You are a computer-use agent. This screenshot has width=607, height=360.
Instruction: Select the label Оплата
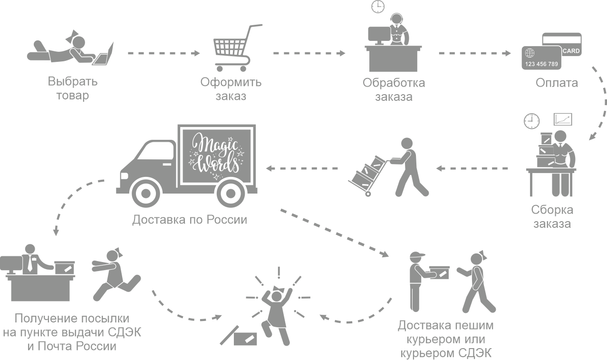click(x=557, y=83)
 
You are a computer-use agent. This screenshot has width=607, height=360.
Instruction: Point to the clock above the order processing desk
click(x=377, y=7)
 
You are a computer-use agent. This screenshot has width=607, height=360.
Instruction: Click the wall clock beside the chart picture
click(x=532, y=121)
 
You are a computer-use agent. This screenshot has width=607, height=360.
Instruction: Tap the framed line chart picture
click(x=562, y=119)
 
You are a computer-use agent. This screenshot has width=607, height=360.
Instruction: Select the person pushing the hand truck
click(x=409, y=166)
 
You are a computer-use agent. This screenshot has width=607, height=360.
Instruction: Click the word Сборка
click(x=551, y=210)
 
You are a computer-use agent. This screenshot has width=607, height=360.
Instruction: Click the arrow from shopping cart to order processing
click(x=309, y=53)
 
